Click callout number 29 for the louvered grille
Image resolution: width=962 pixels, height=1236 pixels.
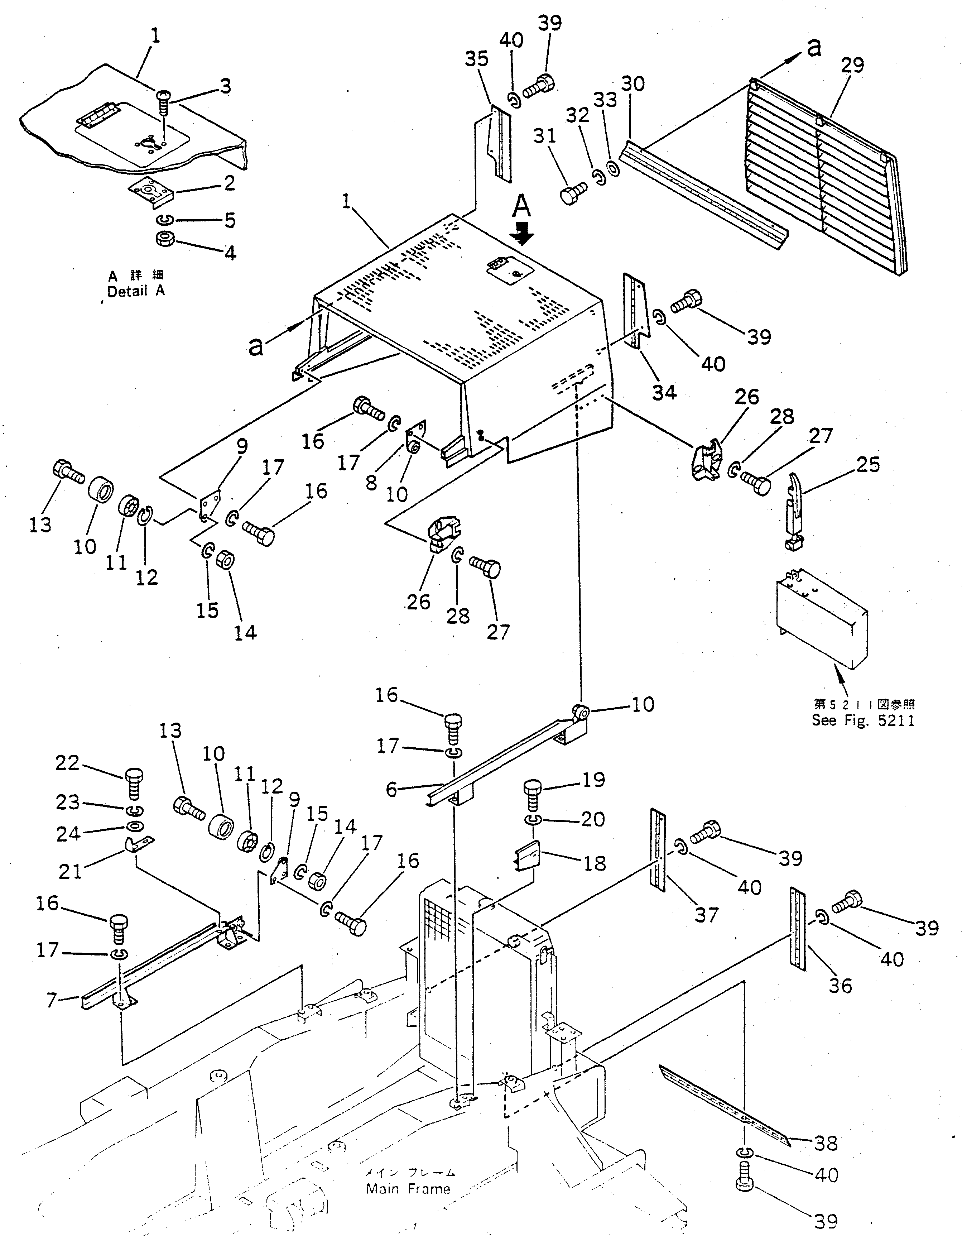click(852, 66)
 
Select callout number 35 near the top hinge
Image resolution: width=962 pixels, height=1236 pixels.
click(476, 59)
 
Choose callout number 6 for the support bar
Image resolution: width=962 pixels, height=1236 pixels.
click(391, 790)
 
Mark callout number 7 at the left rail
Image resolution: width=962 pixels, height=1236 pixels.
click(52, 1001)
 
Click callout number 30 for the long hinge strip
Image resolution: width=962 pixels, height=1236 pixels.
click(632, 84)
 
